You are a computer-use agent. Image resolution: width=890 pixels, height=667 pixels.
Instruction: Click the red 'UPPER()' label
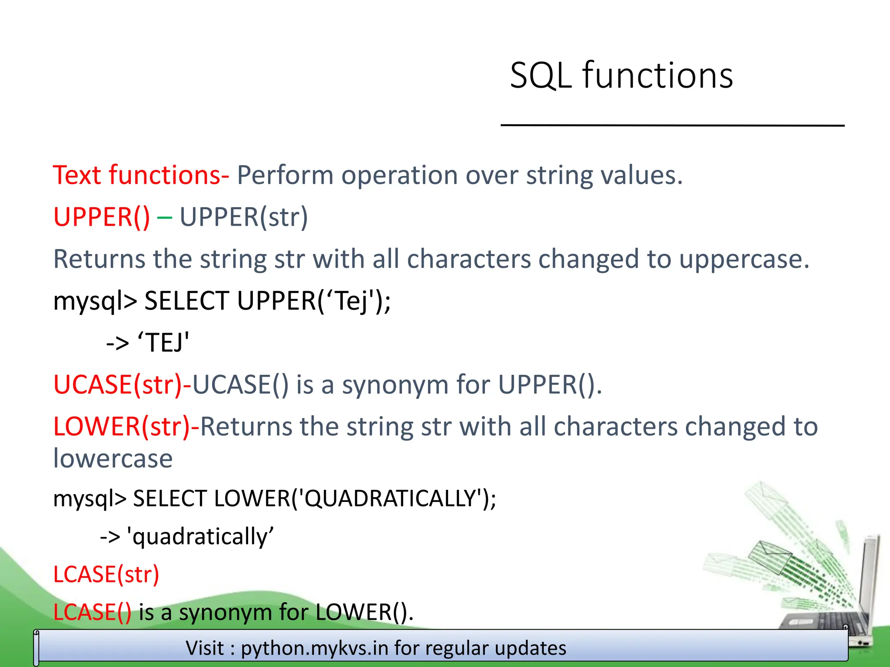coord(101,217)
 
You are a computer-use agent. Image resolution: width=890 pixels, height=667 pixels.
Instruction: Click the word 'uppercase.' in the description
coord(744,260)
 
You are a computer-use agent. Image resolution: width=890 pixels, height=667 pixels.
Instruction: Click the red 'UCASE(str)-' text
coord(122,385)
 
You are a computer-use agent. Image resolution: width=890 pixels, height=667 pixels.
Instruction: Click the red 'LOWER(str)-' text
coord(126,426)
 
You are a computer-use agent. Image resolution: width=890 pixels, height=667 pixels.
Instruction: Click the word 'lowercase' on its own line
coord(113,459)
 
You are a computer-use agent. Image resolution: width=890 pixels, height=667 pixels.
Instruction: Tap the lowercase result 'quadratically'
coord(200,537)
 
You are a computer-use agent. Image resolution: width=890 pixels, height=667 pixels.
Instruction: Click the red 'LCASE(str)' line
coord(106,575)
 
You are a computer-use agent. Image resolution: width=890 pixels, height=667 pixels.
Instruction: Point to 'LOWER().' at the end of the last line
coord(364,612)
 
